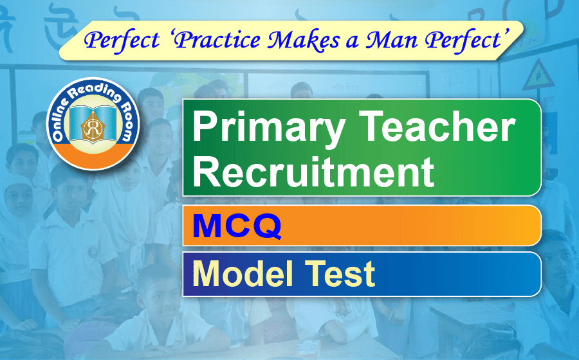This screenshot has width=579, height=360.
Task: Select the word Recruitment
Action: pyautogui.click(x=313, y=171)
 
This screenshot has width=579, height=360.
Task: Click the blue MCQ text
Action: pyautogui.click(x=237, y=225)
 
